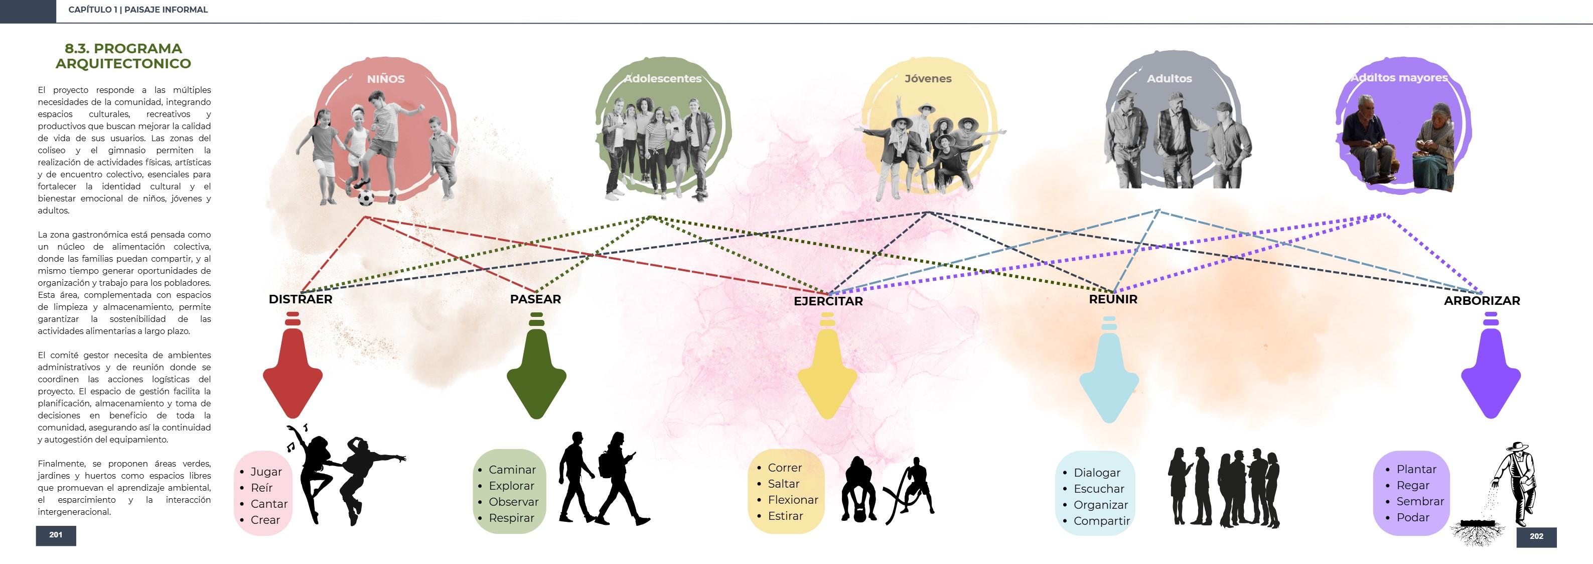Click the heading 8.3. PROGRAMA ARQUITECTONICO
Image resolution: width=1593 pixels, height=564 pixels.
coord(123,56)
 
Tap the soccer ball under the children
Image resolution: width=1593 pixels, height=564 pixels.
coord(365,197)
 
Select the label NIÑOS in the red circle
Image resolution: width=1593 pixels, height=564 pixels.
coord(385,79)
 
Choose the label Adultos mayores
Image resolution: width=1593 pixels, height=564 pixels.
coord(1399,78)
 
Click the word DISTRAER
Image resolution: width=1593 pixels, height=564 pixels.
coord(301,299)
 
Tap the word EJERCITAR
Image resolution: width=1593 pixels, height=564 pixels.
coord(828,301)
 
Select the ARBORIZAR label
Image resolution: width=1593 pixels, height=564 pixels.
coord(1482,300)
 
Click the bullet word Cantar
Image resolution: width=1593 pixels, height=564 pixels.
coord(269,504)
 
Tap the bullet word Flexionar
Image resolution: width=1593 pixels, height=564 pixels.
coord(793,500)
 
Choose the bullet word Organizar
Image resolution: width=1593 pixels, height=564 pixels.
coord(1101,505)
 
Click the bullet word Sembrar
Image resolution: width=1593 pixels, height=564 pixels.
coord(1420,501)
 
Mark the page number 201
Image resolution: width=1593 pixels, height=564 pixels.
coord(56,535)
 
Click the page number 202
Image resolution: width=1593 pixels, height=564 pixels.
coord(1536,536)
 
